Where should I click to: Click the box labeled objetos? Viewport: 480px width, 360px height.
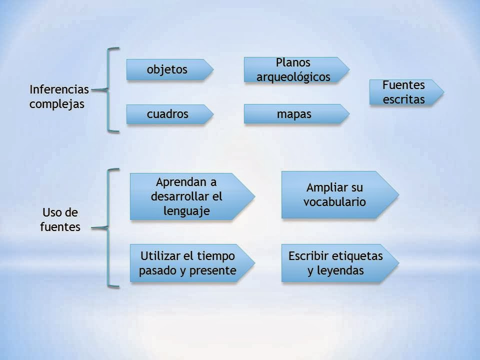point(167,69)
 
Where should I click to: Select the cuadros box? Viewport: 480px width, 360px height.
point(167,114)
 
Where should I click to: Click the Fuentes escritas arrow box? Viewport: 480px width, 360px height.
point(403,92)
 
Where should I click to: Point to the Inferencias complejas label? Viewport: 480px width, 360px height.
point(59,97)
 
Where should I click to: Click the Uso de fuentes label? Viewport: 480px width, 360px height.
point(60,219)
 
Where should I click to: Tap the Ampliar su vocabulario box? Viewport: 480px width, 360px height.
point(334,195)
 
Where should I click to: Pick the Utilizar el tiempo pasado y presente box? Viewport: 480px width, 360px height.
point(187,263)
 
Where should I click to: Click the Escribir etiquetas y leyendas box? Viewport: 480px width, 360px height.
point(335,263)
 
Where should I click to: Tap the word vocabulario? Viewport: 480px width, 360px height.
point(335,202)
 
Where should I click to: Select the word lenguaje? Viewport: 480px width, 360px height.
point(186,210)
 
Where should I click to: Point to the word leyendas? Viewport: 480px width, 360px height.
point(342,271)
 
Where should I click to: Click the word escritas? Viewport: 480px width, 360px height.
point(404,99)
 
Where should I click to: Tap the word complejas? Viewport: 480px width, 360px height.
point(57,104)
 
